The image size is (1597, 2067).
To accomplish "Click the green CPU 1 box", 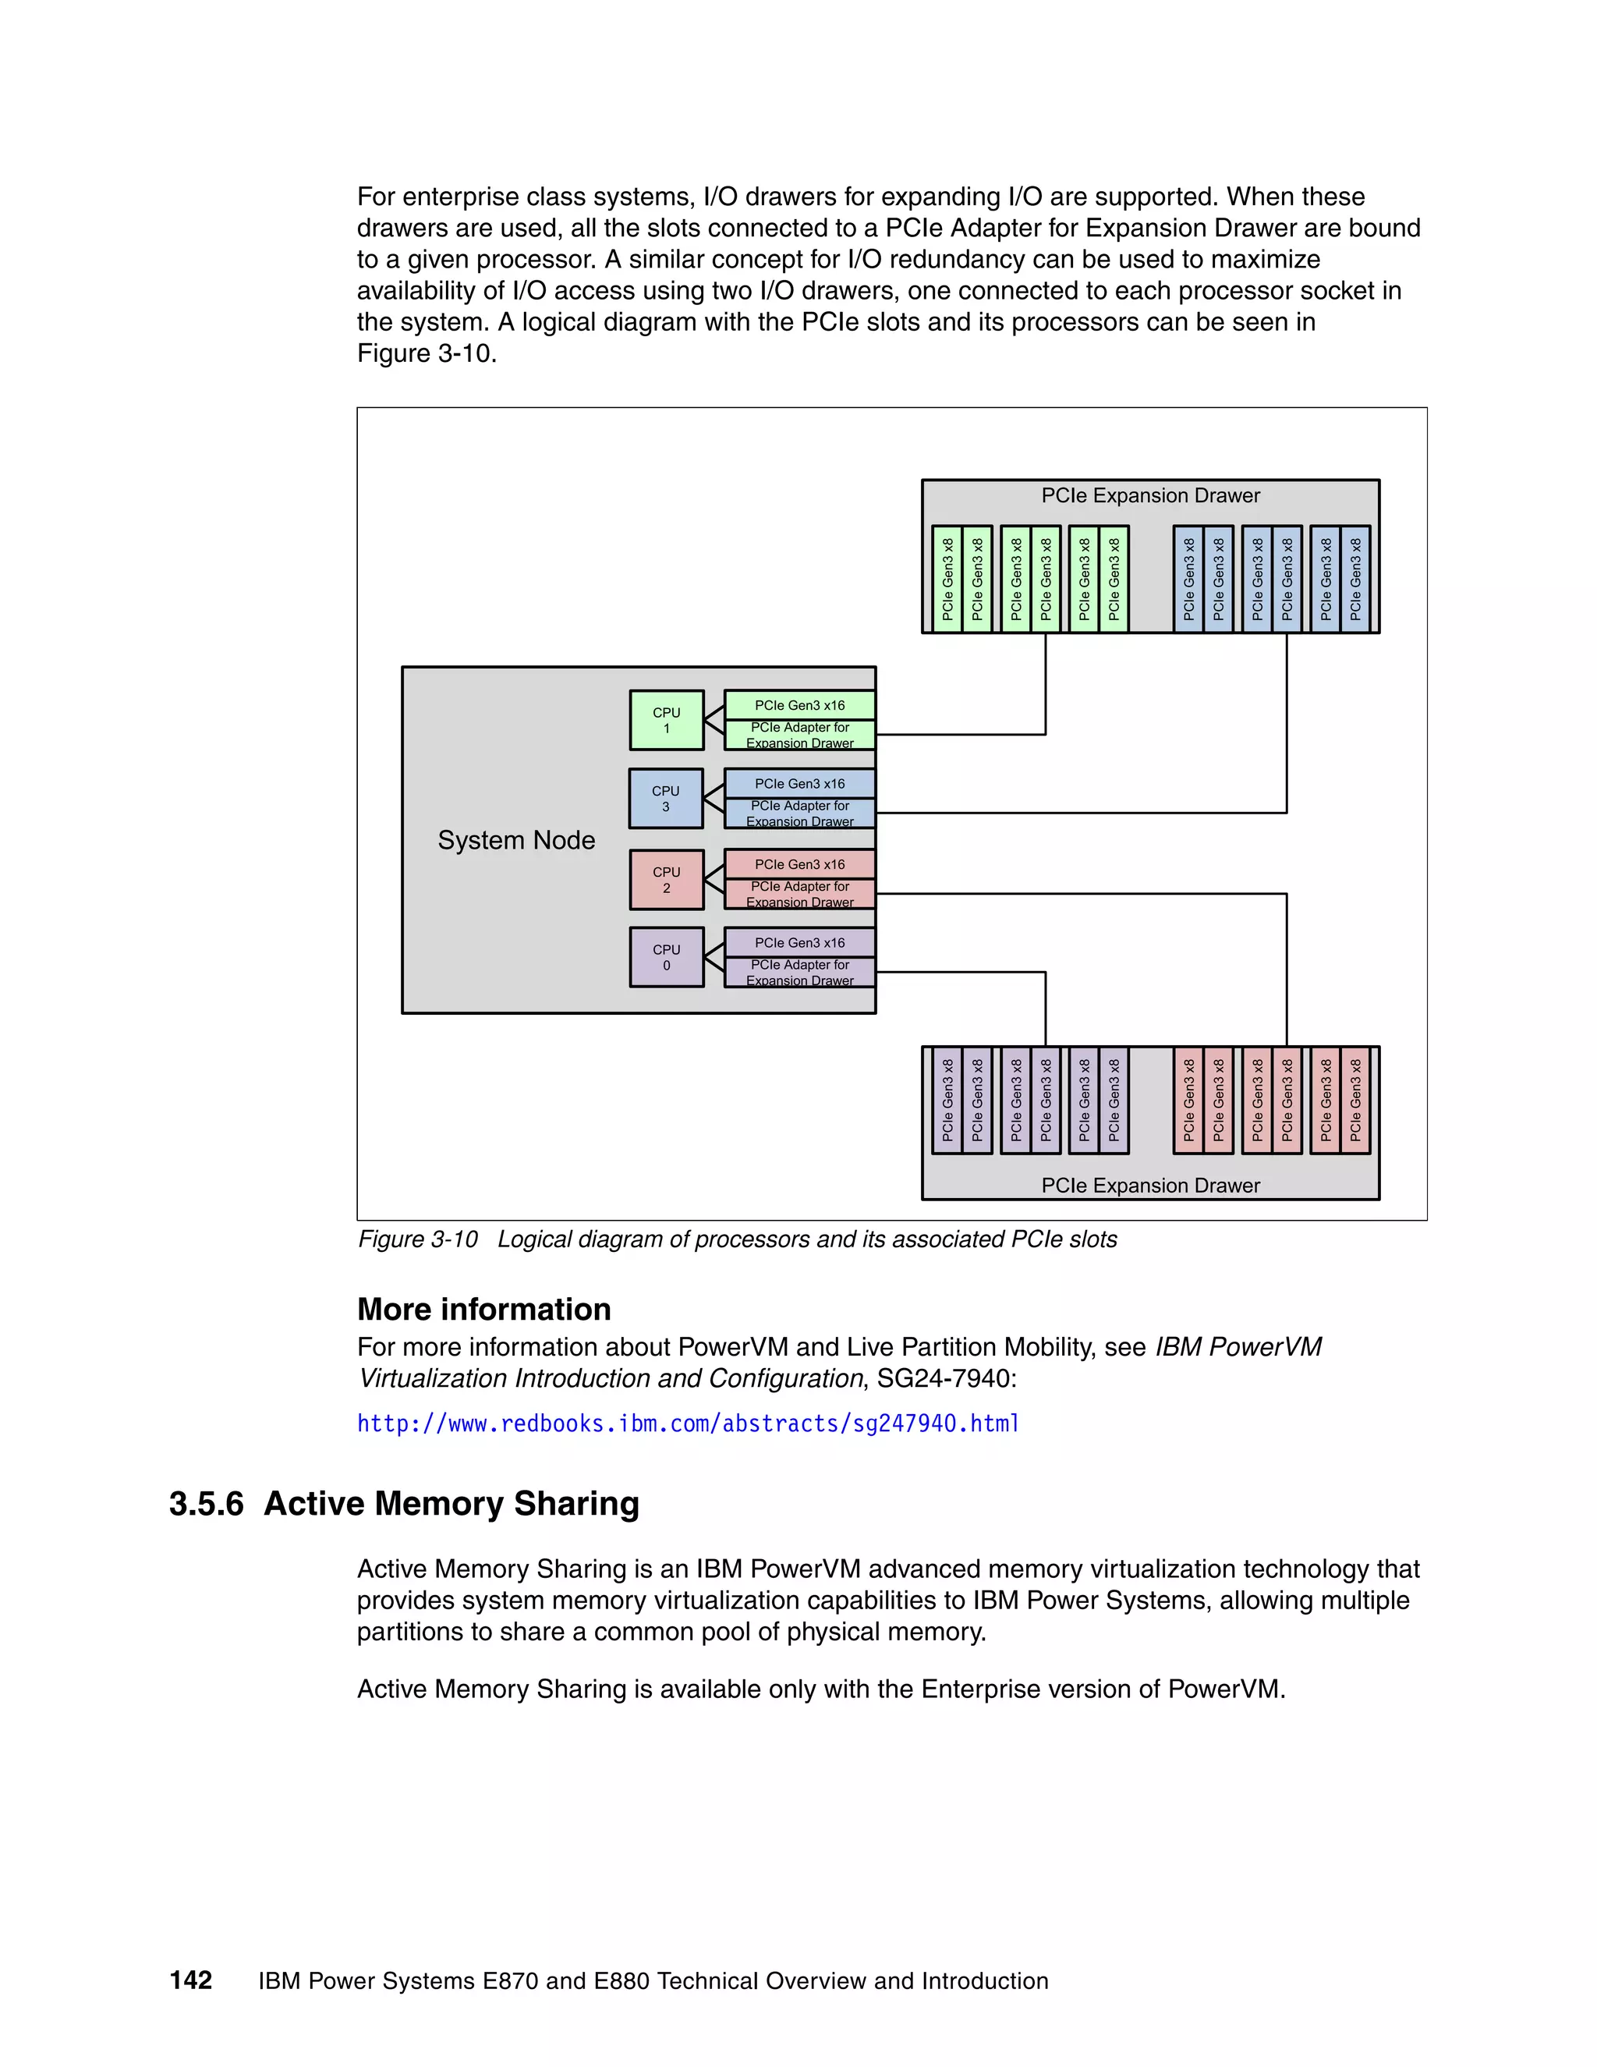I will (666, 720).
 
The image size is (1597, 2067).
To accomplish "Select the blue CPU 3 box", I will (665, 799).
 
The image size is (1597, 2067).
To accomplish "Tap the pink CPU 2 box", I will (666, 880).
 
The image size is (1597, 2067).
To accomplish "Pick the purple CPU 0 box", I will (666, 958).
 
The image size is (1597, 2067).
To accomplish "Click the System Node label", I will (515, 840).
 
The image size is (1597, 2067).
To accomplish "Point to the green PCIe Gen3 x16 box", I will (799, 705).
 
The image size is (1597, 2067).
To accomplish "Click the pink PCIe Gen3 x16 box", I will (799, 864).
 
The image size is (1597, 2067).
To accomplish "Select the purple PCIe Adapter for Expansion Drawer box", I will (799, 973).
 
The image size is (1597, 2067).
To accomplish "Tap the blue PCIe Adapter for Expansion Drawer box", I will (799, 814).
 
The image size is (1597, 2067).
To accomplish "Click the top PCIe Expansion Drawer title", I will (1150, 496).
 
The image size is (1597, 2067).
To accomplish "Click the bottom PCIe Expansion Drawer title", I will (1150, 1186).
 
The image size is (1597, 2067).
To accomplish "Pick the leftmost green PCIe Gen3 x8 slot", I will (947, 580).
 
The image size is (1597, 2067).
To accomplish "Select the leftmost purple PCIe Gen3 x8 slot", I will (947, 1100).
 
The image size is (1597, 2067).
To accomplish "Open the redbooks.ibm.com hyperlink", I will (688, 1423).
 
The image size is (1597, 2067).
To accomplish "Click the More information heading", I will (483, 1309).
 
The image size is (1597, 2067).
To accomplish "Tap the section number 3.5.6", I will (206, 1504).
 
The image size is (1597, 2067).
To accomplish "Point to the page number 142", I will (191, 1980).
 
